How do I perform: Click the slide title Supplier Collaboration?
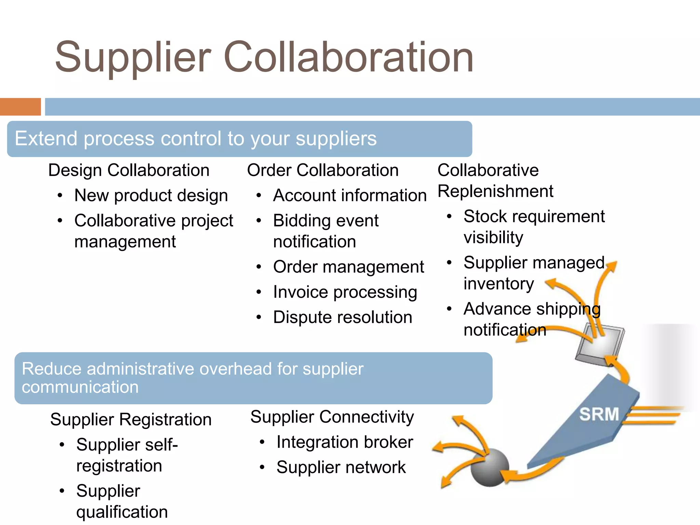pyautogui.click(x=264, y=57)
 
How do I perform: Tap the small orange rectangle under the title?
pyautogui.click(x=20, y=107)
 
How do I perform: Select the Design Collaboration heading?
pyautogui.click(x=129, y=170)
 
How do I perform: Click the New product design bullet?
pyautogui.click(x=151, y=196)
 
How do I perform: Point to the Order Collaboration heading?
pyautogui.click(x=323, y=170)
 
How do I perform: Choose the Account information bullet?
pyautogui.click(x=350, y=196)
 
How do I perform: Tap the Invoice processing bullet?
pyautogui.click(x=345, y=292)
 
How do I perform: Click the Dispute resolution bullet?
pyautogui.click(x=342, y=317)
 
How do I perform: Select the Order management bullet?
pyautogui.click(x=348, y=267)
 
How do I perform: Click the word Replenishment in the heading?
pyautogui.click(x=495, y=191)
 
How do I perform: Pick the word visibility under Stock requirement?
pyautogui.click(x=493, y=238)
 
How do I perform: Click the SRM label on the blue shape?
pyautogui.click(x=599, y=414)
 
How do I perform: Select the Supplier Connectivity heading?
pyautogui.click(x=332, y=417)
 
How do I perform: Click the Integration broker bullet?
pyautogui.click(x=345, y=442)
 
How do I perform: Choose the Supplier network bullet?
pyautogui.click(x=341, y=467)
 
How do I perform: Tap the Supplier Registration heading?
pyautogui.click(x=131, y=419)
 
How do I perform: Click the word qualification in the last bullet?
pyautogui.click(x=122, y=512)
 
